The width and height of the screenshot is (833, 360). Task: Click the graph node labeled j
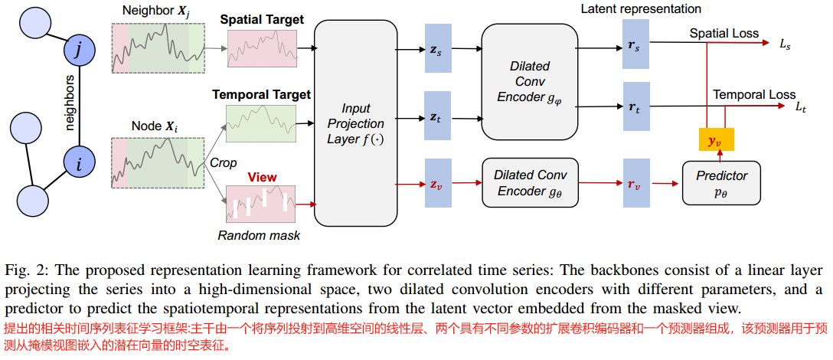(x=80, y=51)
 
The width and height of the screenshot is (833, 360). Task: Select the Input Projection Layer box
(x=355, y=123)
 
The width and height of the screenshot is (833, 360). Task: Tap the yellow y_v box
(x=716, y=140)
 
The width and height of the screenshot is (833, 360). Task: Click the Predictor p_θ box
(x=721, y=183)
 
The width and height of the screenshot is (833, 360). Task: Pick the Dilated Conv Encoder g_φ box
(x=529, y=82)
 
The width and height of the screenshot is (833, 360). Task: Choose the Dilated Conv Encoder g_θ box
(x=529, y=183)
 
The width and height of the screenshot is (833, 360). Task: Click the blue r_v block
(x=636, y=183)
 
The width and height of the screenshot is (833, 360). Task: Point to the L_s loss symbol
(x=785, y=45)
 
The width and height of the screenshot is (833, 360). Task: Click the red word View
(x=262, y=177)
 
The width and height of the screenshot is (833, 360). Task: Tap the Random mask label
(x=258, y=235)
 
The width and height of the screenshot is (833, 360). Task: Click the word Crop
(x=223, y=163)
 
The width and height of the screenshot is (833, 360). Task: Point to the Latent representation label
(x=640, y=9)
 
